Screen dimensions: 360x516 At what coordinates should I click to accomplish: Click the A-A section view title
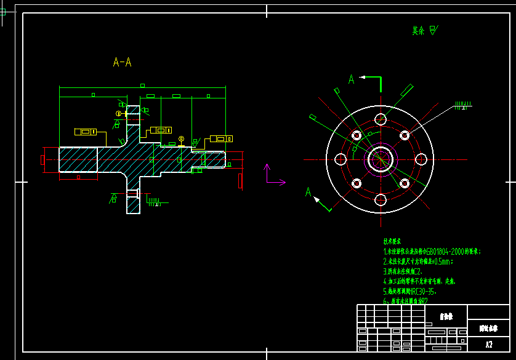click(122, 62)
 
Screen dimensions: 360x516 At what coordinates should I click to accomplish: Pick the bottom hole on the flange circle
click(380, 199)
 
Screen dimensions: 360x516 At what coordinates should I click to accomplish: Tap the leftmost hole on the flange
click(340, 159)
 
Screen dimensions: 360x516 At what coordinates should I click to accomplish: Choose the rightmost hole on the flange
click(421, 159)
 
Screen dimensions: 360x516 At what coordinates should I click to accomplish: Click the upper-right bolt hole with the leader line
click(405, 135)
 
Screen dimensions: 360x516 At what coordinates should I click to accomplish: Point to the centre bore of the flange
click(380, 159)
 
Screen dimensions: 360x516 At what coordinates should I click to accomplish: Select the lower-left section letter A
click(308, 193)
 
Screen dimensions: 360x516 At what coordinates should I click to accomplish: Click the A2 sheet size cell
click(489, 345)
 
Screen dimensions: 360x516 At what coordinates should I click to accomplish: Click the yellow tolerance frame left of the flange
click(85, 132)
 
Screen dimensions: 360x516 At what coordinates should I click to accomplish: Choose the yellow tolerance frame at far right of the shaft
click(221, 138)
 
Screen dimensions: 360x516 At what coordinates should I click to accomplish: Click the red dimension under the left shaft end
click(78, 177)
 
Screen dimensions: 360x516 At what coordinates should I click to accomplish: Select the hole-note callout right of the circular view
click(461, 105)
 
